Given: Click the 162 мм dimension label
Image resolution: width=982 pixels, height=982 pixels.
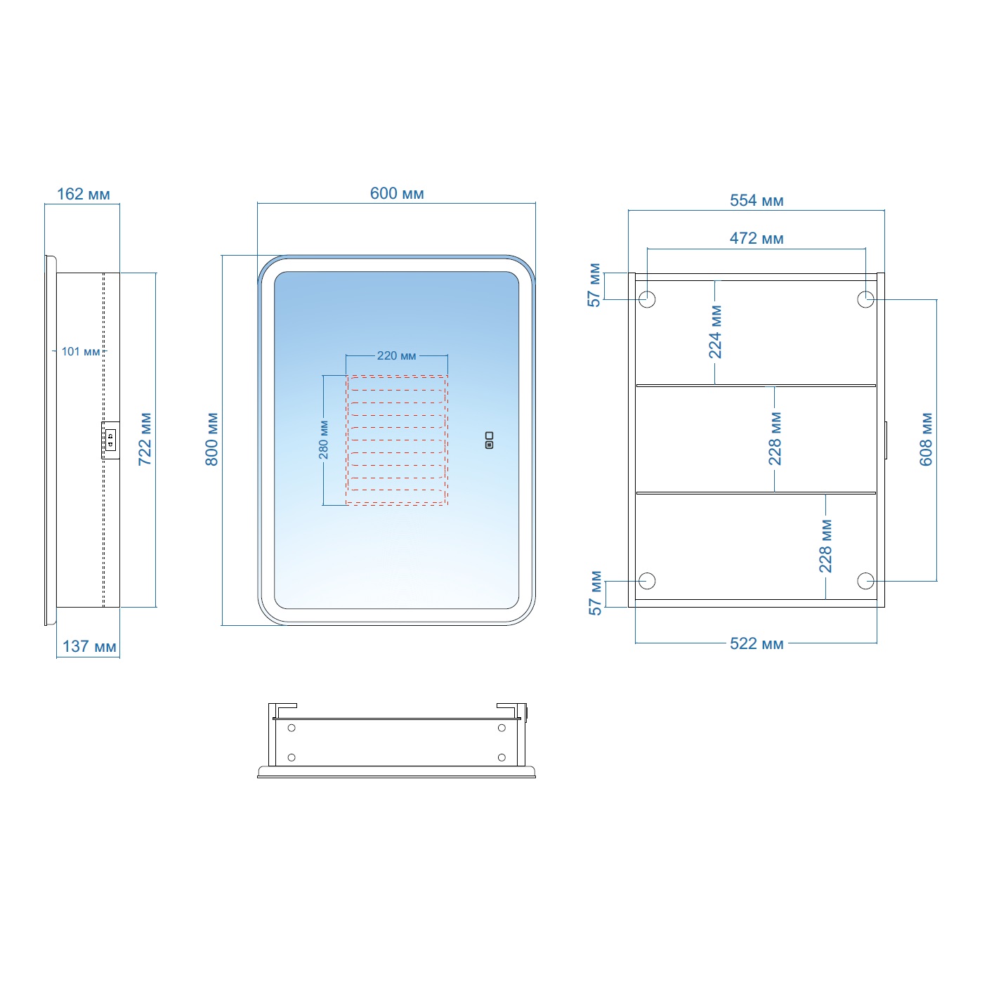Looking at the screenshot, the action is coord(83,194).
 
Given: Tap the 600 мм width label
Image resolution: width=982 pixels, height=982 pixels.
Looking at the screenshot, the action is coord(396,194).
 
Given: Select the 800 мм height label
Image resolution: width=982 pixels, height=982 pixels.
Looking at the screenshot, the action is coord(211,439).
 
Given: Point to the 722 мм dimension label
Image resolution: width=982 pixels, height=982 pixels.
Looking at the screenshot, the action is coord(145,439).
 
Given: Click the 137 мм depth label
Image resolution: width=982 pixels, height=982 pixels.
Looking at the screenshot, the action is coord(89,647).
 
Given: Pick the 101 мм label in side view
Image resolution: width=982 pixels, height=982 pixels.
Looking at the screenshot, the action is coord(81,352).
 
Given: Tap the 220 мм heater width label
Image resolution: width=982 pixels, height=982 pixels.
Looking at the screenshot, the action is coord(396,355).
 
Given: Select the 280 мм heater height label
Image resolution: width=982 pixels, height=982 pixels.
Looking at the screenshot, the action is coord(324,440).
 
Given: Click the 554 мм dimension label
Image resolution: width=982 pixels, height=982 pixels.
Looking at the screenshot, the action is coord(757,201).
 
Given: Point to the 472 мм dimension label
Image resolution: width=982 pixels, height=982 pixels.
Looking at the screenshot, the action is coord(757,239).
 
